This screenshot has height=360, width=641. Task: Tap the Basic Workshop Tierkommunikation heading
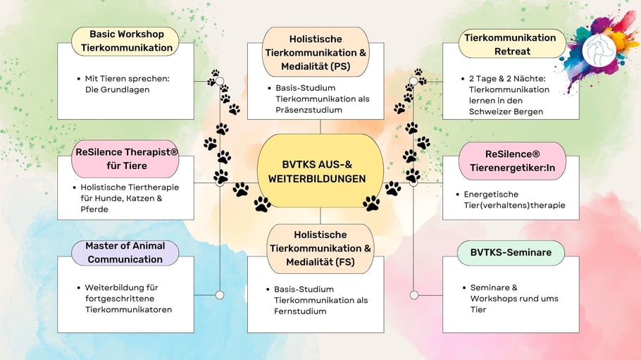126,42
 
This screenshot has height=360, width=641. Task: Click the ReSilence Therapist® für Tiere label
125,159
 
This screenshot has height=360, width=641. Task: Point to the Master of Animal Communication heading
125,252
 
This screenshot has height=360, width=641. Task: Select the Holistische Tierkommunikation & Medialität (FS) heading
319,248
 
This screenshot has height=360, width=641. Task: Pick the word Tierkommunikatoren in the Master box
128,309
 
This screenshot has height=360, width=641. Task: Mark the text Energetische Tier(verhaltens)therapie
515,199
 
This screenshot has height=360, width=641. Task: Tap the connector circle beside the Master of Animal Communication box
220,295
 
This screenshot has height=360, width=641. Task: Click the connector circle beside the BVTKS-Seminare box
414,295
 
